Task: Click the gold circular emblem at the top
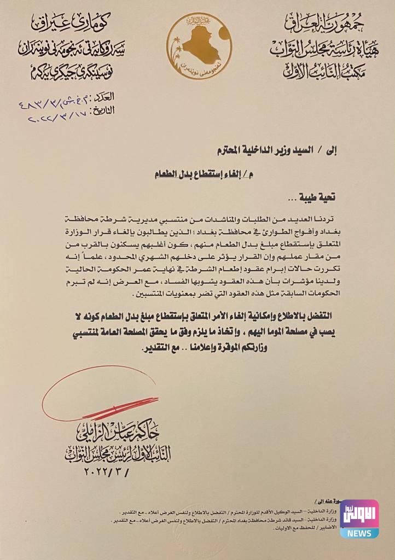(199, 46)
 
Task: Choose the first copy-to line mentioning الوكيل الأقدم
(230, 511)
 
